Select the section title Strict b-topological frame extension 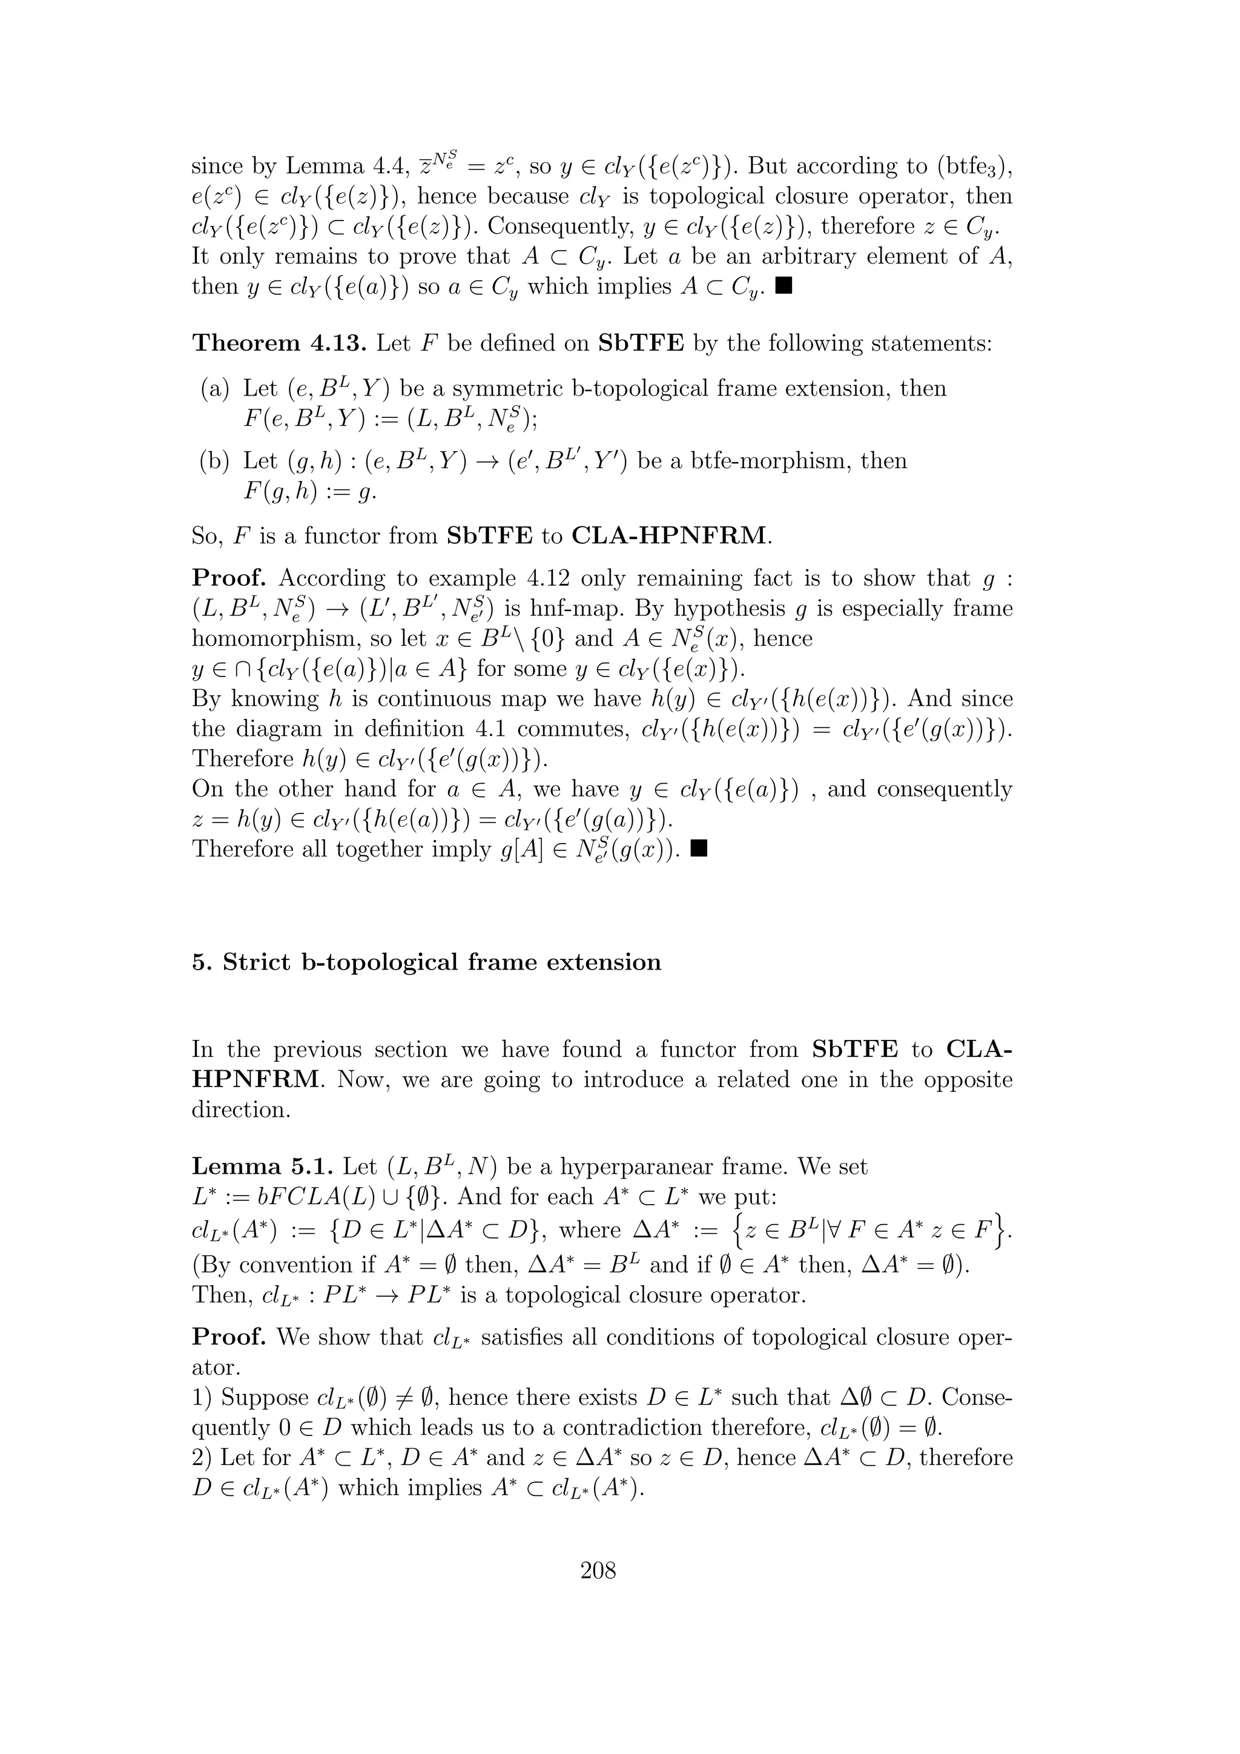click(x=442, y=962)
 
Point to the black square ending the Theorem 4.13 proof click(x=698, y=848)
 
